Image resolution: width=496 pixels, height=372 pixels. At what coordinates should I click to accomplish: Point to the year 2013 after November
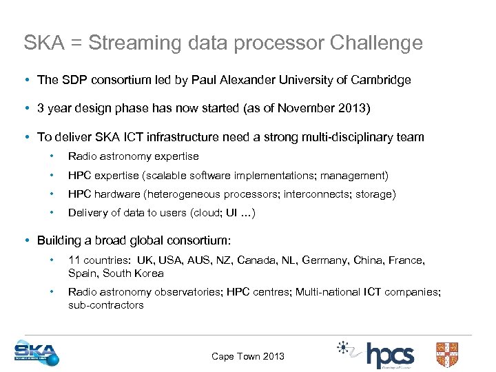coord(353,108)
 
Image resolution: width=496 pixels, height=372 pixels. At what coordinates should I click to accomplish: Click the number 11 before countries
coord(74,260)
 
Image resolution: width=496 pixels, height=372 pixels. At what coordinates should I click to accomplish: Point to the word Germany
coord(327,260)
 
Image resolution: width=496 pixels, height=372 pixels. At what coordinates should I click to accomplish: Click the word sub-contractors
coord(105,304)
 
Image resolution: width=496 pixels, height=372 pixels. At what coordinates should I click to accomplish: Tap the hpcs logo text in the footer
coord(390,355)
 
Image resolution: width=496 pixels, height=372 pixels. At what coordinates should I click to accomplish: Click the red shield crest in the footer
coord(447,354)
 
